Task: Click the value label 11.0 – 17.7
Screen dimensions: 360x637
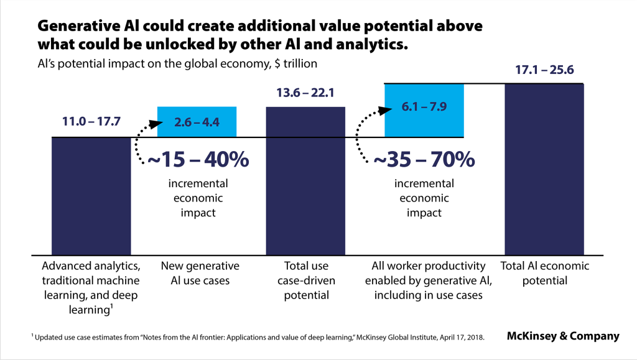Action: coord(91,121)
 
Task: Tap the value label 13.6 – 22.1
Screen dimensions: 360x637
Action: coord(305,93)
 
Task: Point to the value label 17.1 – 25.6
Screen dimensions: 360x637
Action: coord(544,70)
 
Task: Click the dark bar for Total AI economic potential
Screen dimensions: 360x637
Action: coord(544,168)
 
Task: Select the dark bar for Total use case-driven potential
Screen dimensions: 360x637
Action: coord(305,180)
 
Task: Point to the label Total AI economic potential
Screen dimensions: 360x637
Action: coord(544,273)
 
